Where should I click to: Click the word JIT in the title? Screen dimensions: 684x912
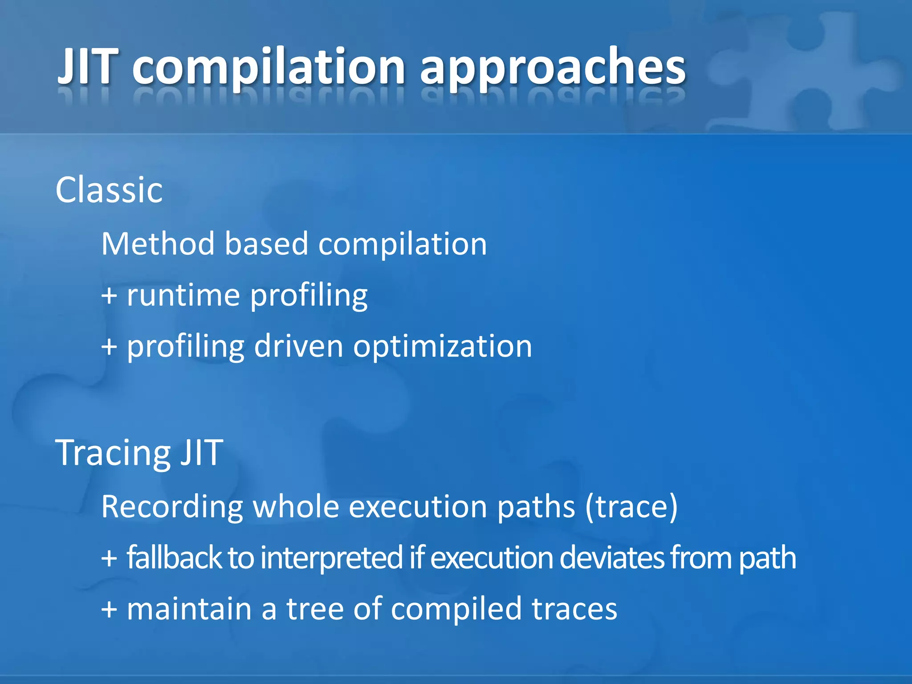88,67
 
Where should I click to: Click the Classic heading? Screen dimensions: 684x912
109,190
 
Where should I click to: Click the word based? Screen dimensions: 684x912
266,244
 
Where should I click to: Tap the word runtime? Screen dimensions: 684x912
183,296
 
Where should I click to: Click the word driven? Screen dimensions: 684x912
298,346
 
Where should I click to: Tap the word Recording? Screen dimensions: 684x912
172,507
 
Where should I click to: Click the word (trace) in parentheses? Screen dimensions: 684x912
631,507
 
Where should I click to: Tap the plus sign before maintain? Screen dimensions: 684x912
109,610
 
